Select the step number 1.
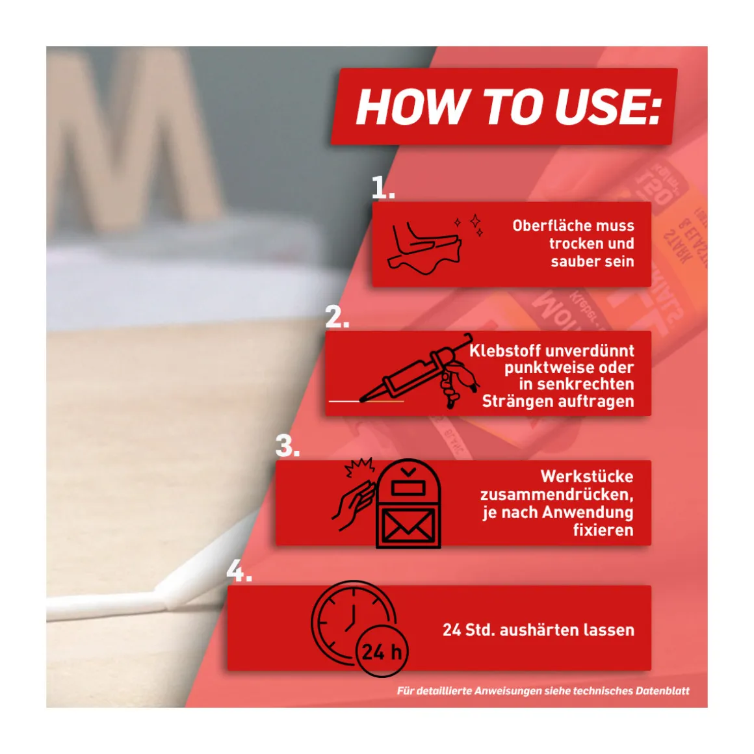point(383,188)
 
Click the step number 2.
point(337,317)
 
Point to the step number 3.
point(287,447)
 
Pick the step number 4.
point(239,571)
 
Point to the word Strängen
point(513,401)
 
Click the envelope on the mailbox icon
point(408,526)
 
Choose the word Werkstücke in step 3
point(587,476)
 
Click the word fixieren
point(603,530)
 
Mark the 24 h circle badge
point(382,651)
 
